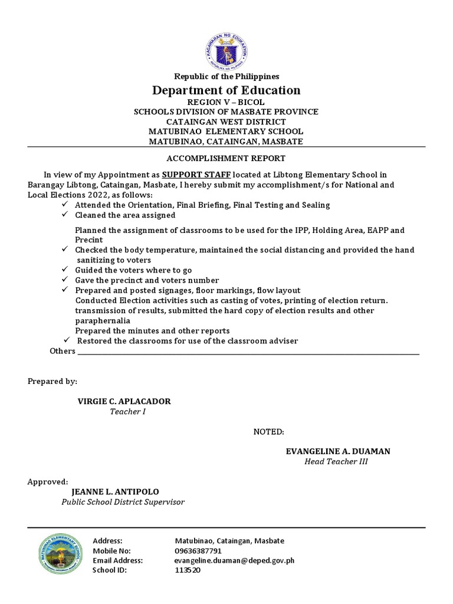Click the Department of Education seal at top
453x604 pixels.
tap(226, 48)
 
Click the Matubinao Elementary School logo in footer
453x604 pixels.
tap(59, 554)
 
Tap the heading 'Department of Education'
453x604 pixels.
tap(226, 90)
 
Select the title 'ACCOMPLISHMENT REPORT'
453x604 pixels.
tap(226, 158)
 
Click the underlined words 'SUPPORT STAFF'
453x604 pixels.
tap(196, 175)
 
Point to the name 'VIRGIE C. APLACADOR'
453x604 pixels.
tap(124, 401)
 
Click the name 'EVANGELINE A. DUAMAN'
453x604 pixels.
tap(338, 451)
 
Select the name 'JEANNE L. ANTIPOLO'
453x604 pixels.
tap(115, 491)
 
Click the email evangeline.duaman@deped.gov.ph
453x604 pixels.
tap(234, 560)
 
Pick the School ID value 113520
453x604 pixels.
tap(188, 570)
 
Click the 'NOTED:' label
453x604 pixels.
tap(269, 432)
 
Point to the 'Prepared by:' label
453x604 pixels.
tap(52, 382)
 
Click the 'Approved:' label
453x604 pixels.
tap(48, 481)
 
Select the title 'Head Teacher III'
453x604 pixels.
tap(336, 461)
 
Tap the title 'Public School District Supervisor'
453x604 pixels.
tap(123, 501)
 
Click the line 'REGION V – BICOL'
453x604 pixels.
tap(226, 102)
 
